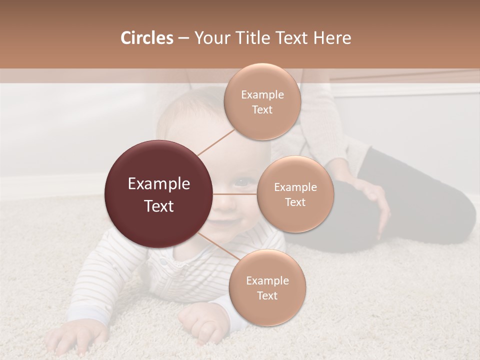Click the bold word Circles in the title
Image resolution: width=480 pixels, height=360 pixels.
tap(146, 38)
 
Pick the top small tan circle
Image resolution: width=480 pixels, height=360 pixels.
tap(262, 101)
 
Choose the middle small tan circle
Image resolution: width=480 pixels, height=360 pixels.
tap(295, 194)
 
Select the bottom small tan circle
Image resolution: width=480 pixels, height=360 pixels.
tap(267, 287)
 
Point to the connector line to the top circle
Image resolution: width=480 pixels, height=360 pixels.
tap(216, 141)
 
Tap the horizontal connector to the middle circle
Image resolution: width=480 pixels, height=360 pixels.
tap(235, 194)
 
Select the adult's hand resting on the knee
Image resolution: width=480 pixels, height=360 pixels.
tap(375, 200)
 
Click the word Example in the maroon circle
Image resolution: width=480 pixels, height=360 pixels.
tap(159, 184)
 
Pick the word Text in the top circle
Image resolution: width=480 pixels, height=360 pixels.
tap(262, 109)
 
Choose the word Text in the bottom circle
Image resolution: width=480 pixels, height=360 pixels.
tap(267, 295)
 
